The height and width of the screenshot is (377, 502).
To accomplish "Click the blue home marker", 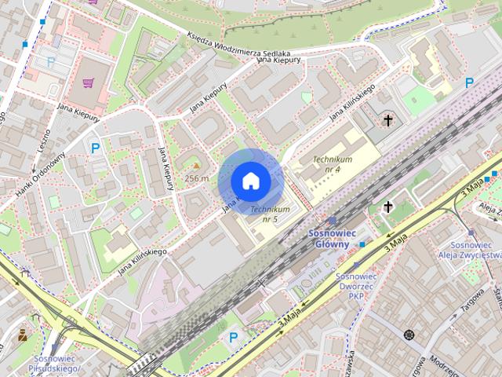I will point(250,181).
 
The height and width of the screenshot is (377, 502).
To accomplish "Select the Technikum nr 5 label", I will point(270,214).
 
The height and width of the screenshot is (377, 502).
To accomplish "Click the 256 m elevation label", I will point(196,178).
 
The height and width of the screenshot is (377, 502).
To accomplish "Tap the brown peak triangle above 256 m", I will point(196,167).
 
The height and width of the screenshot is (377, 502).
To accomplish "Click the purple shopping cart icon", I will point(89,81).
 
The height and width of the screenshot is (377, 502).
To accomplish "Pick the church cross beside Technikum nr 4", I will point(387,121).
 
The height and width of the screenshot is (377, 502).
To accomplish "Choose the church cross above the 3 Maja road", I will point(388,207).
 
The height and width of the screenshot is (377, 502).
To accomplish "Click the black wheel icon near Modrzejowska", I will point(409,335).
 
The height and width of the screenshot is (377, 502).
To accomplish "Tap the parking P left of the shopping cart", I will point(51,61).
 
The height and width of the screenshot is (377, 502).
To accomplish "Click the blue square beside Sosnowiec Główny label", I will point(362,244).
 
